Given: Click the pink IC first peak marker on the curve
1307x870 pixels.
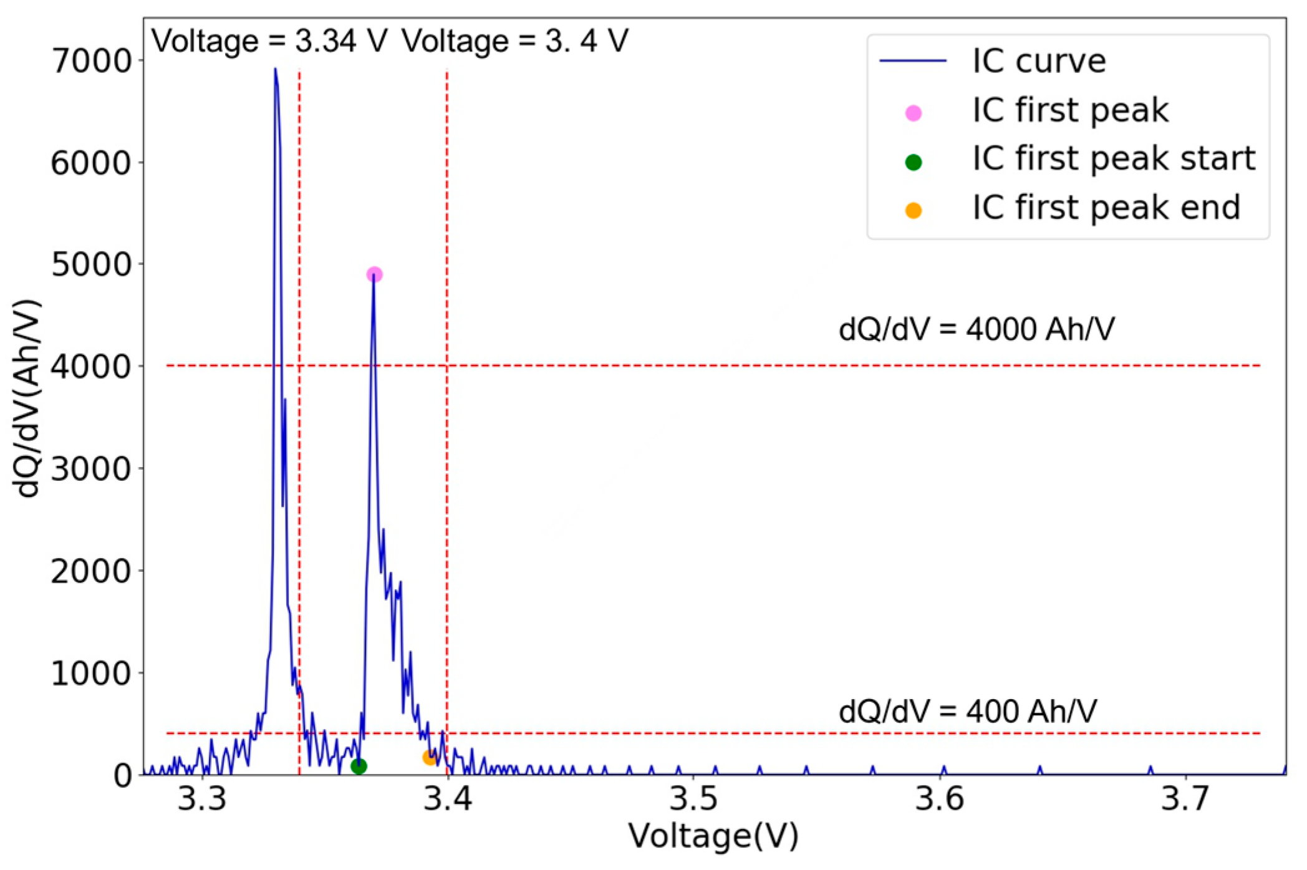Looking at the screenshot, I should click(374, 274).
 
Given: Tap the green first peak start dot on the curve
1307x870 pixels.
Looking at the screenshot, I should click(359, 766).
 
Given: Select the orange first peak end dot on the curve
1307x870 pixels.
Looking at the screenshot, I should click(430, 758).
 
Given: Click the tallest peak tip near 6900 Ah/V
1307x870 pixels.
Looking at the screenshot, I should click(275, 69).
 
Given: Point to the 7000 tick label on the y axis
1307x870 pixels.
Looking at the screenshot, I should click(91, 61).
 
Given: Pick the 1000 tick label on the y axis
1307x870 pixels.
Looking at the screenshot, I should click(91, 673).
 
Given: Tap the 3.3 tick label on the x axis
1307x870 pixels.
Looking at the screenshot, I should click(202, 799).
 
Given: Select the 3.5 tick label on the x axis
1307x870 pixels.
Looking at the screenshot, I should click(693, 799).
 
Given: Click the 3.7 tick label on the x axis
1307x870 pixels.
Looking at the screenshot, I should click(1185, 799).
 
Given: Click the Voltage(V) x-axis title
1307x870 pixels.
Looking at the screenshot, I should click(713, 836).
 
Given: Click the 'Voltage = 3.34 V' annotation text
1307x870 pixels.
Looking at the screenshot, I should click(269, 41).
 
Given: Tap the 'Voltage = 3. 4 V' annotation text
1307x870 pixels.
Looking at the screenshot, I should click(515, 41).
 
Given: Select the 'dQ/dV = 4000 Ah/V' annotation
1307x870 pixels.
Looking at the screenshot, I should click(977, 329).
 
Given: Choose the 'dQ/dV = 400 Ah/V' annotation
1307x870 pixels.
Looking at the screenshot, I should click(968, 711).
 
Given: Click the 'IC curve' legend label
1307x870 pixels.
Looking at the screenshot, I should click(1039, 61).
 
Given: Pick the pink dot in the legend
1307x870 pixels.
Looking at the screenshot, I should click(914, 113).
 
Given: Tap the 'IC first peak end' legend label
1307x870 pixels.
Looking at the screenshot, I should click(1106, 208).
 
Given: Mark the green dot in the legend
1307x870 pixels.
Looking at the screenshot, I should click(914, 162).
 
